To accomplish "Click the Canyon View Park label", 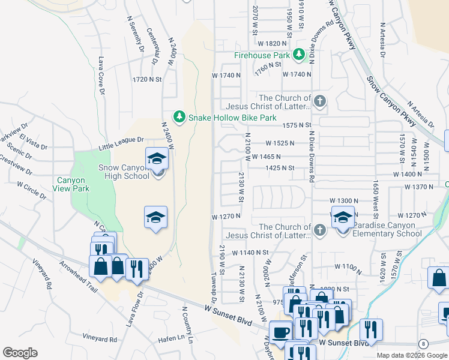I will pos(79,184).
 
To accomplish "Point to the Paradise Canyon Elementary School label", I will pos(387,229).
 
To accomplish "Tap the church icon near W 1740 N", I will pos(320,101).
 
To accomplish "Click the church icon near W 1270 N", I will pos(320,230).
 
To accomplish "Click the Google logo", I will pos(20,353).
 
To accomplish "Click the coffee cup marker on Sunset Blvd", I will pos(281,331).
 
